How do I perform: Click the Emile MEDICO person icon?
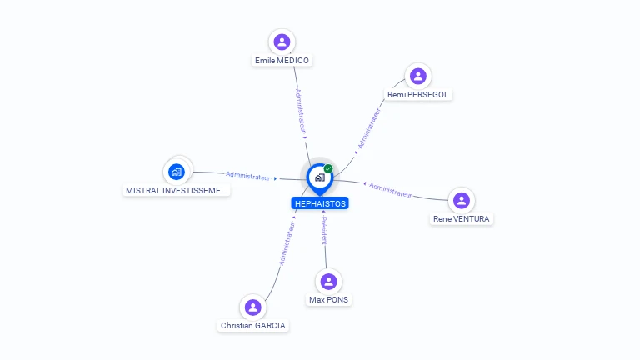pyautogui.click(x=282, y=42)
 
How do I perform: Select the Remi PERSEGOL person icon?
pyautogui.click(x=418, y=77)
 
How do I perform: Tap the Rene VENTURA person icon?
pyautogui.click(x=462, y=200)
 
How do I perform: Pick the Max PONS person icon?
pyautogui.click(x=328, y=282)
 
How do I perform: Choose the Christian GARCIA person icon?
pyautogui.click(x=253, y=307)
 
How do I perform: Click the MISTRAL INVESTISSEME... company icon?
pyautogui.click(x=177, y=172)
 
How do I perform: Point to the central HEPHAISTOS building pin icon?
pyautogui.click(x=320, y=178)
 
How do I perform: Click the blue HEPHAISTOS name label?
pyautogui.click(x=320, y=203)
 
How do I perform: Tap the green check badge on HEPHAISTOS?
pyautogui.click(x=328, y=168)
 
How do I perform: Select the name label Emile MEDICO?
pyautogui.click(x=282, y=60)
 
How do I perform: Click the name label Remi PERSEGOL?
pyautogui.click(x=418, y=95)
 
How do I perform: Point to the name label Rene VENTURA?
pyautogui.click(x=461, y=219)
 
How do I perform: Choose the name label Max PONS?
pyautogui.click(x=328, y=300)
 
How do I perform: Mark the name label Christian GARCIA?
pyautogui.click(x=253, y=325)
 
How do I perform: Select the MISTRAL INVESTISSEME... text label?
pyautogui.click(x=177, y=190)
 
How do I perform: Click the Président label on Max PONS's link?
pyautogui.click(x=324, y=231)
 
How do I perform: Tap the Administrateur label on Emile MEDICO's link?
pyautogui.click(x=300, y=111)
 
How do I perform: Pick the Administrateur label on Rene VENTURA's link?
pyautogui.click(x=391, y=190)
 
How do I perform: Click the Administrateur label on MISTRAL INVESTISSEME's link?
pyautogui.click(x=247, y=176)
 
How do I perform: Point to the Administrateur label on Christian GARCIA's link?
pyautogui.click(x=287, y=243)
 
